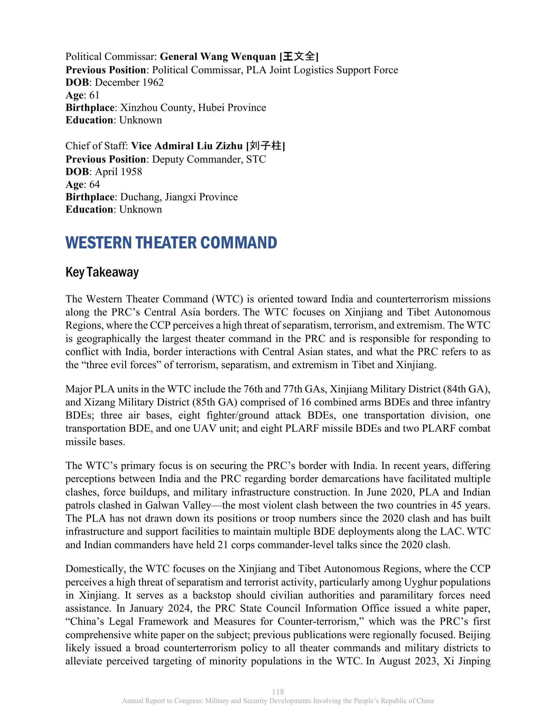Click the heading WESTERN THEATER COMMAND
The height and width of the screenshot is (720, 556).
pyautogui.click(x=171, y=243)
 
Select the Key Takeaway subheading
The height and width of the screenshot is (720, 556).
pyautogui.click(x=102, y=272)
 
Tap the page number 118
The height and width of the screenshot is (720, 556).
pyautogui.click(x=278, y=692)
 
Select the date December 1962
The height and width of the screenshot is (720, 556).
pyautogui.click(x=129, y=82)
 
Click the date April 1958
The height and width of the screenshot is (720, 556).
pyautogui.click(x=118, y=172)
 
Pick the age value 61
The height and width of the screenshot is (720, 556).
pyautogui.click(x=94, y=95)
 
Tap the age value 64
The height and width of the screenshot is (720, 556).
pyautogui.click(x=95, y=184)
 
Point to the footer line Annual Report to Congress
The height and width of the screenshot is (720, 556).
pyautogui.click(x=278, y=701)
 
